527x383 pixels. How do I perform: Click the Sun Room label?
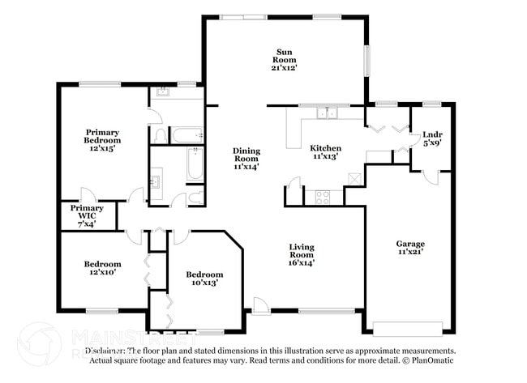click(x=284, y=60)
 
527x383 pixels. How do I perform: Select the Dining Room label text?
click(x=246, y=159)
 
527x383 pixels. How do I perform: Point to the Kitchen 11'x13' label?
click(x=325, y=152)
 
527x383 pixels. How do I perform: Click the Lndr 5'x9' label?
click(x=432, y=138)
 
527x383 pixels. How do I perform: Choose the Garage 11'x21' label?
click(x=410, y=248)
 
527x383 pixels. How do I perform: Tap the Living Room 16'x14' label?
click(x=302, y=254)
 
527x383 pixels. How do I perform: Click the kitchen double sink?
click(x=328, y=113)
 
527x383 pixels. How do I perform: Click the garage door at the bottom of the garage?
click(x=407, y=328)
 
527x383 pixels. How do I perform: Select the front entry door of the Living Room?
click(x=260, y=306)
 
